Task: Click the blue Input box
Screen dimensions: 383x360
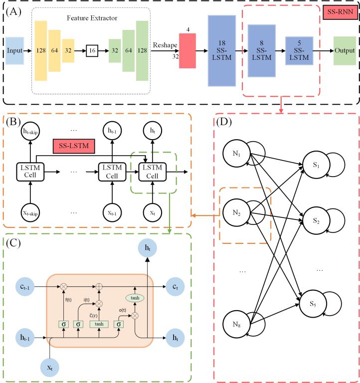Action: coord(16,51)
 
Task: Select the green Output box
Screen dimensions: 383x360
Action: coord(344,51)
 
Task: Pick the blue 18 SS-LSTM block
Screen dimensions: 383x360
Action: coord(221,51)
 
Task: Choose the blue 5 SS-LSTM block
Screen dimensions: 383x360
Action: coord(298,51)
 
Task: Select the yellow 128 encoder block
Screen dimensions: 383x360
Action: coord(41,51)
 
